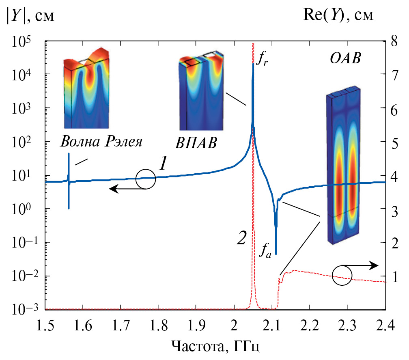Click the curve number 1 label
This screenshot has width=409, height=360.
point(162,163)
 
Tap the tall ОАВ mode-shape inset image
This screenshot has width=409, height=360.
point(344,168)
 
